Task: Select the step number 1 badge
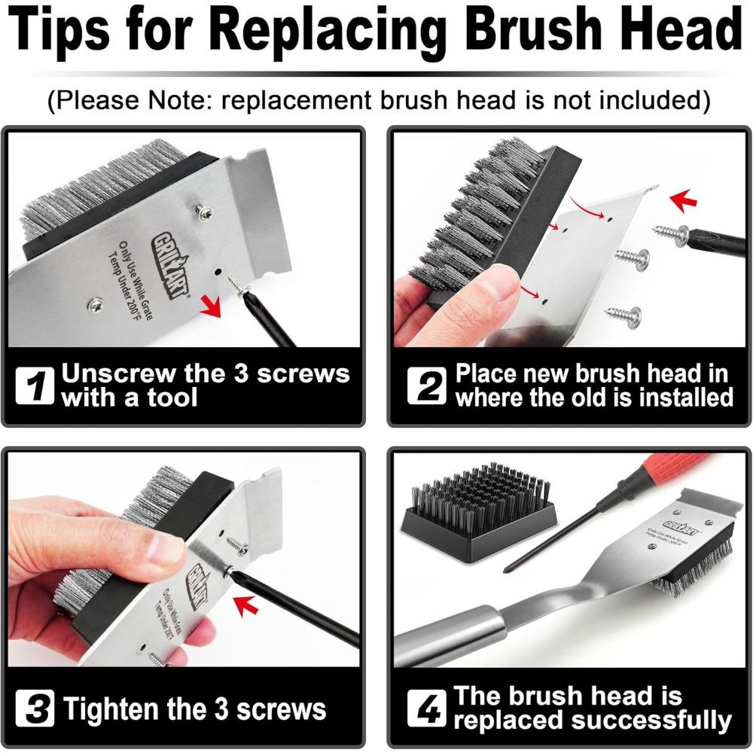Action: pyautogui.click(x=35, y=386)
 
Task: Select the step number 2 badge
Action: pyautogui.click(x=427, y=386)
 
